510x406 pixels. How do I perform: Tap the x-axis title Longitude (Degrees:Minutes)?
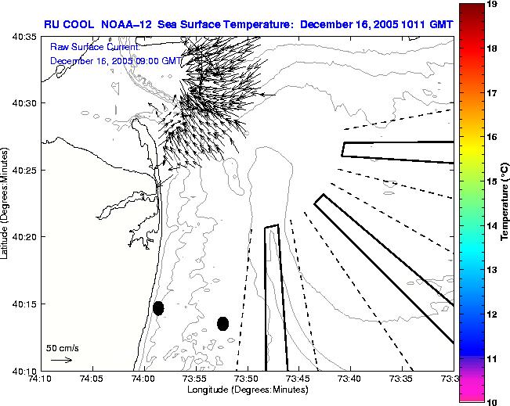click(248, 390)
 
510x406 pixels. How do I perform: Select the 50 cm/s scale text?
click(61, 348)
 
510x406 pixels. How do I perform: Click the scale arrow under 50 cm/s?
click(61, 360)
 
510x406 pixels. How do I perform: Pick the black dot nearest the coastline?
click(158, 308)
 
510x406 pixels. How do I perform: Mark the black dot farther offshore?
click(222, 323)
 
